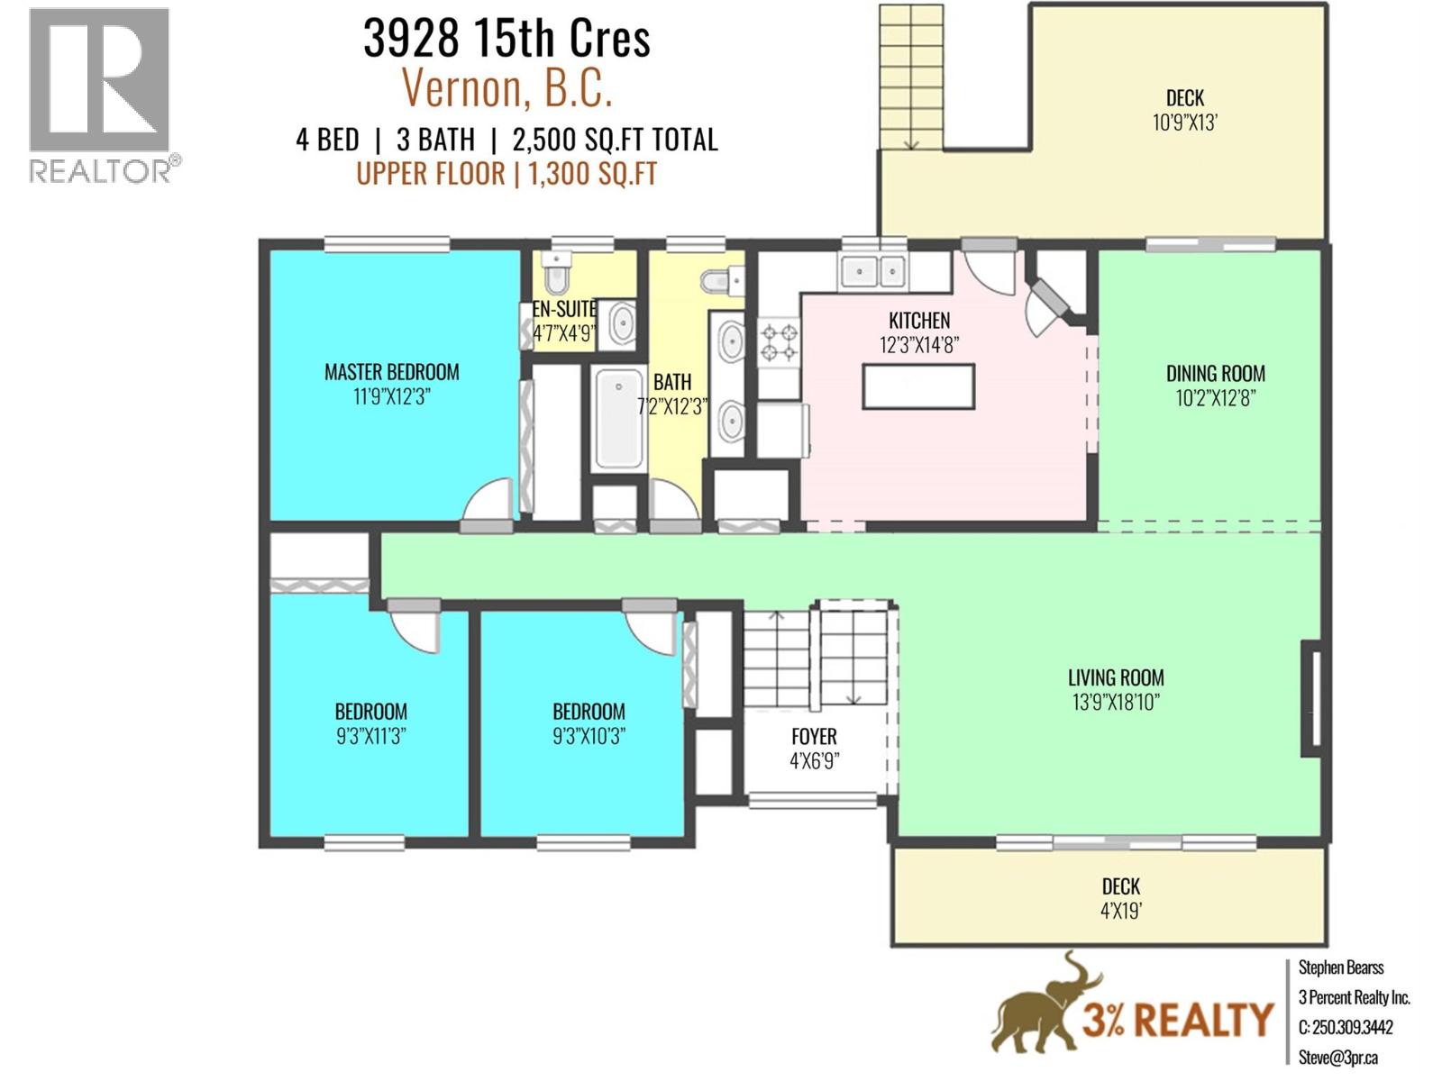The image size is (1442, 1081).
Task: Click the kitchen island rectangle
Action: (918, 386)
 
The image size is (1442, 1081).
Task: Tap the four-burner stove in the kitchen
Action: (780, 343)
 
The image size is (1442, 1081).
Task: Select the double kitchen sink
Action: (872, 270)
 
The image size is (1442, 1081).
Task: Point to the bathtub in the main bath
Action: (619, 420)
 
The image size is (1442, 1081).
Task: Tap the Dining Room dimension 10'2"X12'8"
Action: (1215, 398)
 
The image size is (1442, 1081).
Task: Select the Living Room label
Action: (1116, 677)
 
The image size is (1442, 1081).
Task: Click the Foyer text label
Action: (814, 736)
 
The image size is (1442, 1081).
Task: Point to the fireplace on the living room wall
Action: (1311, 699)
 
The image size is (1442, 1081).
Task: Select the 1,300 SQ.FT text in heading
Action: (592, 173)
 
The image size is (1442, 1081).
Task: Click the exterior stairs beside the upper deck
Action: (911, 77)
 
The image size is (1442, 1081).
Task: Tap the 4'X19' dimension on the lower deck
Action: (1120, 911)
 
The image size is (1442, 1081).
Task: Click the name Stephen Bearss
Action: (1340, 967)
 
